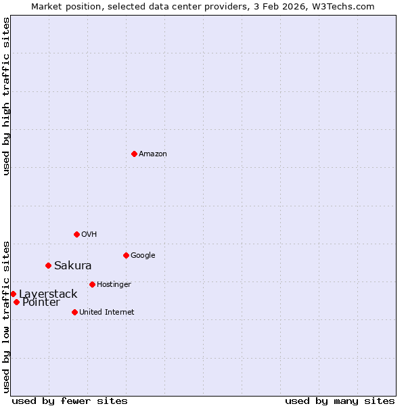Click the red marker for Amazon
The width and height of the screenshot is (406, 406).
[x=134, y=154]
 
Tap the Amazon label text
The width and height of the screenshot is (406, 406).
[x=153, y=154]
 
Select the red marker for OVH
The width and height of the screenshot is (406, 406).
[x=76, y=234]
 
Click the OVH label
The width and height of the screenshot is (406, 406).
[x=89, y=235]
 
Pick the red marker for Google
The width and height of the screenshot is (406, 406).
[x=126, y=255]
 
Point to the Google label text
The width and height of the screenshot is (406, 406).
[x=143, y=256]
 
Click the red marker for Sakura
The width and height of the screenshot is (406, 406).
[x=48, y=265]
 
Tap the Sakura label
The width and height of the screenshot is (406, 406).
[x=73, y=266]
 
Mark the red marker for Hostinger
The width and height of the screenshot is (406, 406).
[x=92, y=284]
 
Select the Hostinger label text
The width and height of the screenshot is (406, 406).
[x=114, y=285]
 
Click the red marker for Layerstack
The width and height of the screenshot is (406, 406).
[x=13, y=294]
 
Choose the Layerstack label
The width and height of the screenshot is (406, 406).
[x=48, y=294]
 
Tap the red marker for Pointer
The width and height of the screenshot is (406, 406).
[x=16, y=302]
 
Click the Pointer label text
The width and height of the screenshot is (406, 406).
[x=41, y=302]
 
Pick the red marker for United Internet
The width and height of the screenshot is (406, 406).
[x=74, y=312]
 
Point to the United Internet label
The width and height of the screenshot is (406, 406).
[x=107, y=313]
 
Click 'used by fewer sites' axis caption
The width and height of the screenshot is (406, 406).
[x=70, y=401]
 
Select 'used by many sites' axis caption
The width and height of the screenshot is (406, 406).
[x=340, y=401]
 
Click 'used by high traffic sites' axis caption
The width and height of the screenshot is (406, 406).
[x=6, y=96]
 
